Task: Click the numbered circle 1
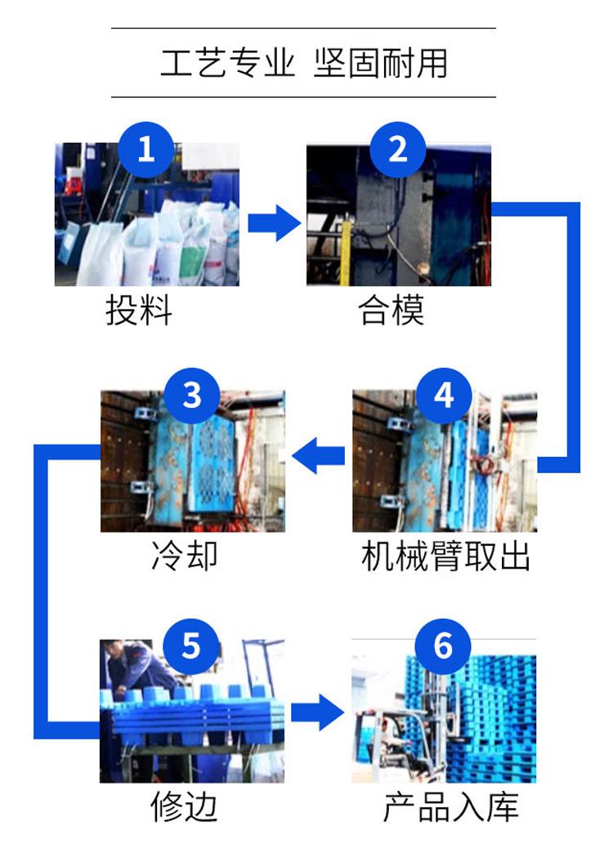[x=146, y=150]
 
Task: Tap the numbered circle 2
[x=398, y=150]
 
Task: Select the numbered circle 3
[x=192, y=396]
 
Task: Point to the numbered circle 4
[x=444, y=396]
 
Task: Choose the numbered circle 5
[x=191, y=646]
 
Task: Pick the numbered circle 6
[x=443, y=646]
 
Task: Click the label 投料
[x=139, y=310]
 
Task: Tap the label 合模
[x=392, y=310]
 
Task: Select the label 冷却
[x=184, y=555]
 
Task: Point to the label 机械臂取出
[x=446, y=555]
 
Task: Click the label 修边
[x=184, y=807]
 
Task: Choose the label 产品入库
[x=451, y=807]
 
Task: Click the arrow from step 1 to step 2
[x=274, y=223]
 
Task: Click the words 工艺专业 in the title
[x=227, y=62]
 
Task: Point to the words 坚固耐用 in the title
[x=381, y=62]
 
